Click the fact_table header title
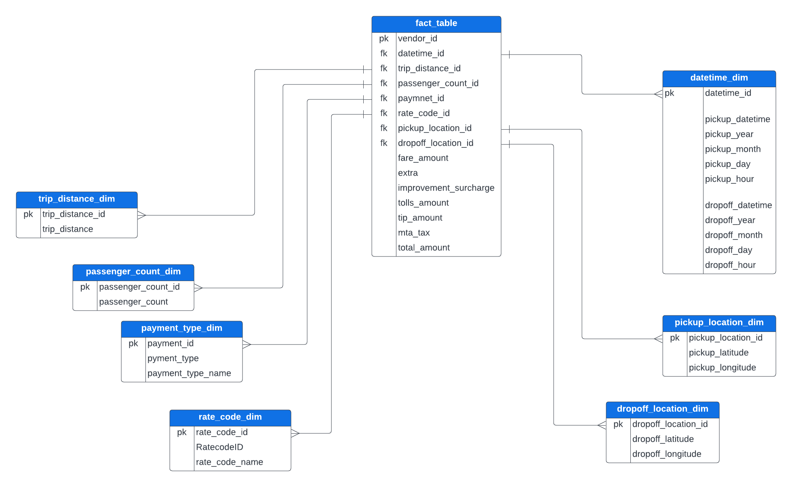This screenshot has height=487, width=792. coord(436,23)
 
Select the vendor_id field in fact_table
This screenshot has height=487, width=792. coord(417,39)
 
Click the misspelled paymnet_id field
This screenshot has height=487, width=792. coord(421,99)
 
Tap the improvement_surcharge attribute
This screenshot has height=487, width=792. coord(446,188)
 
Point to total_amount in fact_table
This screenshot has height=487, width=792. coord(423,248)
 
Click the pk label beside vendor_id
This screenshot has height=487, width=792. coord(383,39)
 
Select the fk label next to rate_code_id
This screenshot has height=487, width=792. coord(383,113)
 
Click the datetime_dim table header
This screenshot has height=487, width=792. coord(719,78)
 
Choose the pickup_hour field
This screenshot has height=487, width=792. coord(729,179)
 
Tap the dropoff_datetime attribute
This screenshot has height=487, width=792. coord(738,206)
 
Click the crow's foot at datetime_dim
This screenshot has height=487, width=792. coord(658,94)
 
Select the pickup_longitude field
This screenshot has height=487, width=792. coord(722,368)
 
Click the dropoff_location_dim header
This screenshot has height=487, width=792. coord(662,409)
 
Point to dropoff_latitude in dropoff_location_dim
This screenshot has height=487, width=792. coord(663,439)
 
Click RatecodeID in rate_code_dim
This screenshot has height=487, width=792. coord(219,447)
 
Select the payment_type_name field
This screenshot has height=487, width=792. coord(189,374)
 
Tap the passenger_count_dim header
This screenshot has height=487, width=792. coord(133,272)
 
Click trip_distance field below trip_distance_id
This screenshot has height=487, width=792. coord(67,229)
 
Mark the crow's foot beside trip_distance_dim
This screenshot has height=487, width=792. coord(141,215)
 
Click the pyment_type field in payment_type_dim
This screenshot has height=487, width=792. coord(173,359)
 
